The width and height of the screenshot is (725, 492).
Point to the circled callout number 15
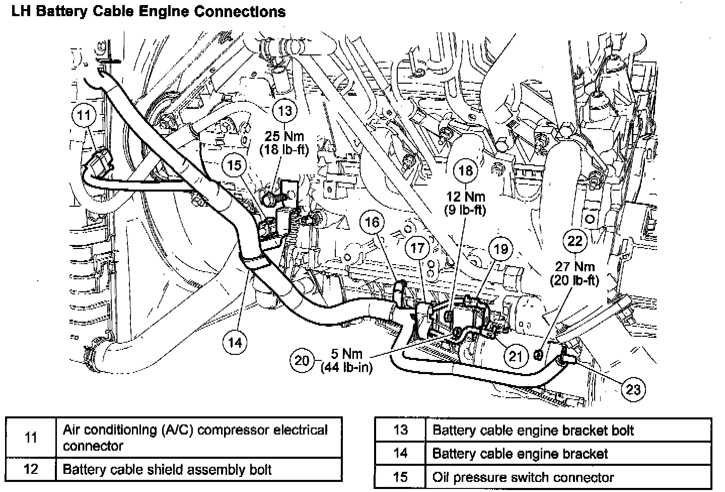235,165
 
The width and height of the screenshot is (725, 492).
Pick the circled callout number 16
373,222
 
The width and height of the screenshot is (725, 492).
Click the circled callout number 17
417,248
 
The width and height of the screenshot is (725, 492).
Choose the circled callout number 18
465,170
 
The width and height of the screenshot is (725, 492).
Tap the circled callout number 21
515,356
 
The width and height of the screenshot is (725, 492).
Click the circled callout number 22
574,241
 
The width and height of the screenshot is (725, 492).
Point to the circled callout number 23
633,389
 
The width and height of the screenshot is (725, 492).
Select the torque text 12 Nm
465,197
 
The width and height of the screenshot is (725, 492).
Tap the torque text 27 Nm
574,267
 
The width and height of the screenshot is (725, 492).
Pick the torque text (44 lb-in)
346,367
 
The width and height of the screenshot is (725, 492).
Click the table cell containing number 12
31,469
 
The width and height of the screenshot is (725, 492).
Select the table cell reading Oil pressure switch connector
523,477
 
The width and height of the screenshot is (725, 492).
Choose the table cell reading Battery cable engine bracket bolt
533,430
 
